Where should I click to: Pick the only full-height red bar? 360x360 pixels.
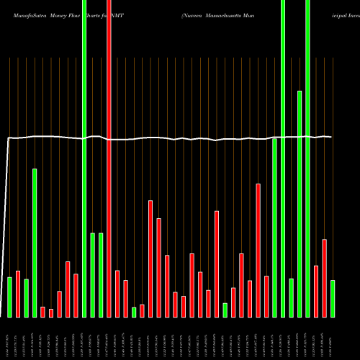tap(109, 158)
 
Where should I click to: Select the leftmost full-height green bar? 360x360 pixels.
tap(84, 158)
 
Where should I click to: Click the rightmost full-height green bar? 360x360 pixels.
tap(307, 158)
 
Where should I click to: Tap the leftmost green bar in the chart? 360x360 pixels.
tap(10, 297)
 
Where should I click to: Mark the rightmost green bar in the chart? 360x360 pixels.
tap(333, 299)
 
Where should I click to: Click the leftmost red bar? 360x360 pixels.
tap(18, 294)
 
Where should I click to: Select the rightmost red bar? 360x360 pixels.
tap(324, 278)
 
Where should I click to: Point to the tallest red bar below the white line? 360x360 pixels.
tap(258, 251)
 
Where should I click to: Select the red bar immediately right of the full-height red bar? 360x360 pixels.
tap(117, 294)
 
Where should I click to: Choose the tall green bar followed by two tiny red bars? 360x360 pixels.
tap(35, 243)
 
